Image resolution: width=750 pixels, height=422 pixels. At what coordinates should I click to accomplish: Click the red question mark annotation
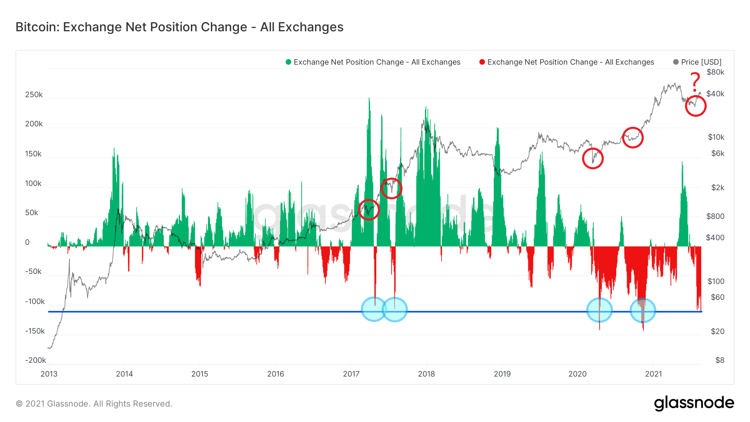click(695, 82)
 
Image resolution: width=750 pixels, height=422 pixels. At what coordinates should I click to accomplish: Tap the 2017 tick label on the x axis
click(351, 374)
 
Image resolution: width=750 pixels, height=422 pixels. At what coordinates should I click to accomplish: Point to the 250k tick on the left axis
click(34, 95)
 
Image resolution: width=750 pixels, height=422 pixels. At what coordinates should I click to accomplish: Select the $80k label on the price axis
click(715, 72)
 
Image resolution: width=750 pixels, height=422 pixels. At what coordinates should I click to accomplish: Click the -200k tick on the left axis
click(35, 360)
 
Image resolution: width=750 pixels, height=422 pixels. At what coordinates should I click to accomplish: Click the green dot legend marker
click(288, 62)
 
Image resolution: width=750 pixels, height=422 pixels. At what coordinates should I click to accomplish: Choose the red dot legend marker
click(482, 62)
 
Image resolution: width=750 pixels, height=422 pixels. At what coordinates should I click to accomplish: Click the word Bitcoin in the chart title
click(37, 27)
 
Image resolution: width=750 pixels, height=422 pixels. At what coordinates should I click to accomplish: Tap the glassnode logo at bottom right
click(694, 403)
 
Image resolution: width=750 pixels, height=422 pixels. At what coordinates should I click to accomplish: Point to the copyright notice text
click(94, 404)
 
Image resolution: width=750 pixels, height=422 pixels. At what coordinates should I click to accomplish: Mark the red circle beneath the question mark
click(695, 106)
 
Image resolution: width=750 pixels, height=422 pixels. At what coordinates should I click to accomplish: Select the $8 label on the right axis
click(720, 360)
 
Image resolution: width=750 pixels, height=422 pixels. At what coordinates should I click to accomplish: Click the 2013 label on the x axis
click(49, 374)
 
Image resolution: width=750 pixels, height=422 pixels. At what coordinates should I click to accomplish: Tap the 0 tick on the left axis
click(27, 242)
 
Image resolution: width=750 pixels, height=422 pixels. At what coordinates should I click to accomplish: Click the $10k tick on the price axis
click(716, 137)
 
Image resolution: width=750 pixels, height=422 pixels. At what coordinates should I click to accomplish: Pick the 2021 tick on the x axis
click(653, 374)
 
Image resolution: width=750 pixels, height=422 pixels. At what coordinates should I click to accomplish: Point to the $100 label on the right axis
click(716, 281)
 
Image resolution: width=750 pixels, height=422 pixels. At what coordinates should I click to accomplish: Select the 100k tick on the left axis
click(33, 183)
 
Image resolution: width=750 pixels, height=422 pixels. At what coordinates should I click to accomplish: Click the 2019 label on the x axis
click(502, 374)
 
